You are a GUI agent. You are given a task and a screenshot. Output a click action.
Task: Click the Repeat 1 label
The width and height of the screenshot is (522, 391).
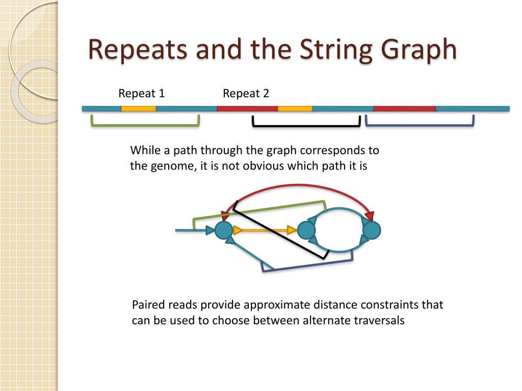coord(141,94)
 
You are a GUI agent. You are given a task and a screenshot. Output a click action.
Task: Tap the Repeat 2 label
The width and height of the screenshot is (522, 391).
coord(246,94)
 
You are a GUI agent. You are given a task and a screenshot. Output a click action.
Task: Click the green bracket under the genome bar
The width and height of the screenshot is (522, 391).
coord(145,125)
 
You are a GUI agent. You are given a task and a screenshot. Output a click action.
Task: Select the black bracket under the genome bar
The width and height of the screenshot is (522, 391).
coord(306,125)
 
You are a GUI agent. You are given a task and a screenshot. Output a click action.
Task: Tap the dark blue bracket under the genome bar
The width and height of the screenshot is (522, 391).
coord(420,125)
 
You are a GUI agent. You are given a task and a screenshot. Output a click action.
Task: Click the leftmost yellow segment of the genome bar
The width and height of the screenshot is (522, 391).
coord(138,108)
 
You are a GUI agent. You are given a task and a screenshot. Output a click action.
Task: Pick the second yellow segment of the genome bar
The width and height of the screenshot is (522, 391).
coord(295,108)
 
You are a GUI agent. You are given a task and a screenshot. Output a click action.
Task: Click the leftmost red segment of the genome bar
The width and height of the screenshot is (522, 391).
coord(247,108)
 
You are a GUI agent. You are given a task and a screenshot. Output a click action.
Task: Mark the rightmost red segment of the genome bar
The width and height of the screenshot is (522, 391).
coord(404,108)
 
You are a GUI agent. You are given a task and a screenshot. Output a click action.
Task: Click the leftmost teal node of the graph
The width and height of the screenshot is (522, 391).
coord(223,231)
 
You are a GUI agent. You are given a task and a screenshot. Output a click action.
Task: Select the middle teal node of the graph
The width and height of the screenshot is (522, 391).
coord(306,231)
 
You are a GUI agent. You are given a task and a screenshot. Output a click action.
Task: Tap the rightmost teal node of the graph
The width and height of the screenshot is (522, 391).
coord(372,231)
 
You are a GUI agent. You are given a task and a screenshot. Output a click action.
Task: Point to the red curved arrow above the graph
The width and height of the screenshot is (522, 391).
coord(301,187)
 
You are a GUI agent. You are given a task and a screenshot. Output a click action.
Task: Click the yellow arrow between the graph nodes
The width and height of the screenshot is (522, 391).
coord(265,231)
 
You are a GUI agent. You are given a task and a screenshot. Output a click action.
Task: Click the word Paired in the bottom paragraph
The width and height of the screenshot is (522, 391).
coord(147,305)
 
